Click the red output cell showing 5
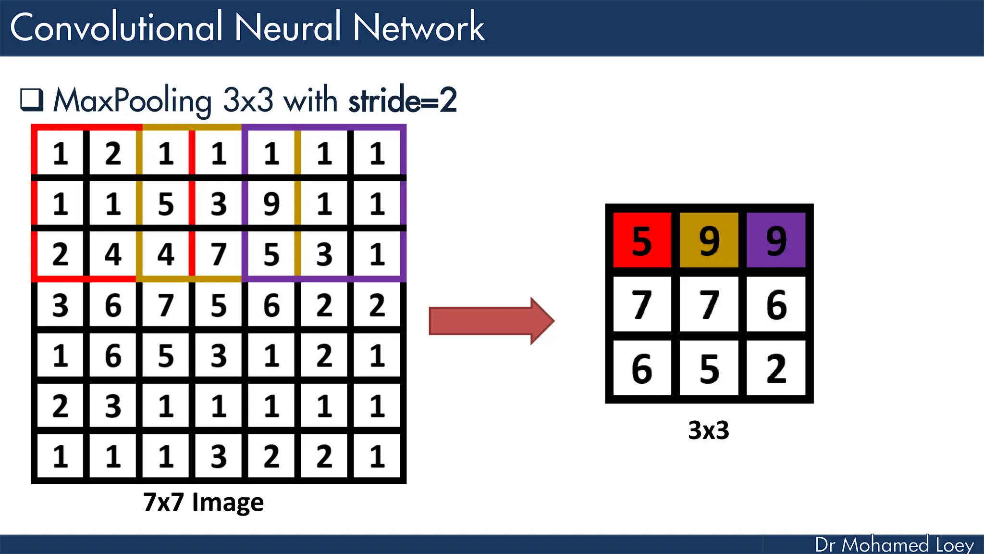coord(642,240)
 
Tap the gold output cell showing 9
coord(709,240)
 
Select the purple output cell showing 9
coord(776,240)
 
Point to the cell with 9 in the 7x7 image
coord(271,203)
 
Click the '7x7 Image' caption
coord(203,502)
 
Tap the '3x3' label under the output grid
coord(709,430)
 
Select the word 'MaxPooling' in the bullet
coord(132,101)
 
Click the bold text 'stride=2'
coord(402,101)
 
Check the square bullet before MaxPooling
coord(32,100)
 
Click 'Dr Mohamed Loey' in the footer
coord(894,544)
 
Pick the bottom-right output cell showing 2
coord(776,368)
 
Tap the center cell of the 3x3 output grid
coord(709,304)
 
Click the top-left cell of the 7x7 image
coord(60,153)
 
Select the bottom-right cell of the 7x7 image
coord(377,456)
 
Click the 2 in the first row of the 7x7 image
coord(113,153)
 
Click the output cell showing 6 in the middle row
coord(776,304)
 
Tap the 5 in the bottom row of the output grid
coord(709,368)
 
